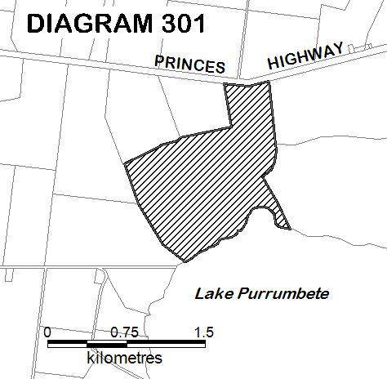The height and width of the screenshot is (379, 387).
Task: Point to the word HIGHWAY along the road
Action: pyautogui.click(x=305, y=57)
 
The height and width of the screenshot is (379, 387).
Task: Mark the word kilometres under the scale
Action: pyautogui.click(x=124, y=358)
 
